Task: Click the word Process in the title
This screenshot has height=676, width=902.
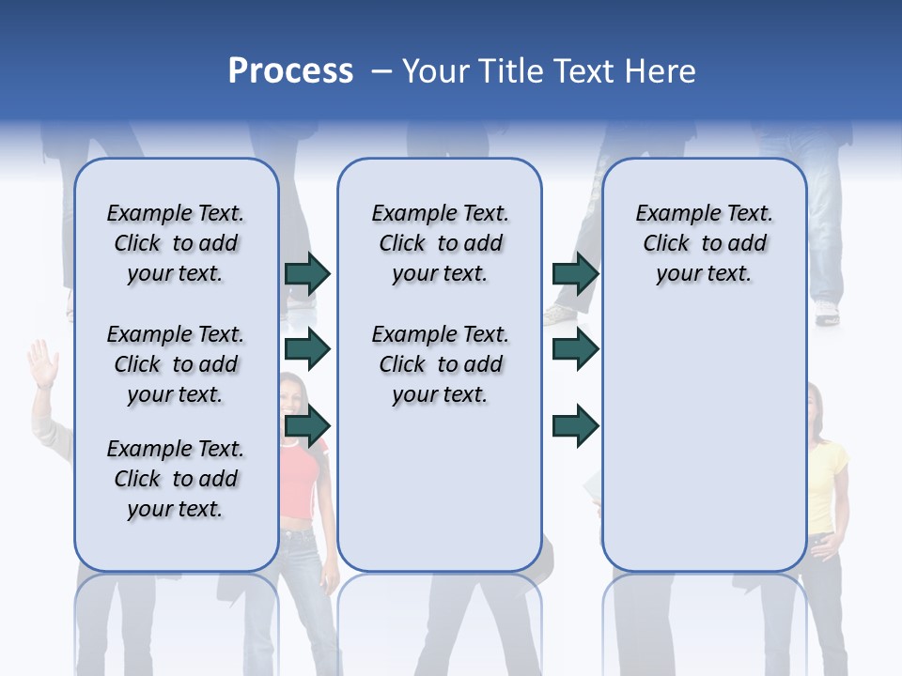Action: [x=290, y=71]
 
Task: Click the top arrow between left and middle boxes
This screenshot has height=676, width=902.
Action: [x=307, y=273]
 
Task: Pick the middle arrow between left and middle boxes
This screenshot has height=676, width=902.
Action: [x=307, y=349]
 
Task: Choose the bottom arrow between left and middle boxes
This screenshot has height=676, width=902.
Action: [x=307, y=426]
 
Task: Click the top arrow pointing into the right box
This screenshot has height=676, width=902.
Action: [x=575, y=273]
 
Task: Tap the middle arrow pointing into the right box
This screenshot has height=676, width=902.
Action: [x=575, y=349]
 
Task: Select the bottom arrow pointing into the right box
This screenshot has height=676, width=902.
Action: [x=575, y=426]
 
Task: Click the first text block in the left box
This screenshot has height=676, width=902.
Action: [x=176, y=243]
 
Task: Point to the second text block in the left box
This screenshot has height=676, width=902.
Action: [x=176, y=364]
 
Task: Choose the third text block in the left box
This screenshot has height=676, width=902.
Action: [x=176, y=479]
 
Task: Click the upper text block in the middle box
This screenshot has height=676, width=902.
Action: [x=441, y=243]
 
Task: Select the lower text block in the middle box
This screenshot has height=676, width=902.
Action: [x=441, y=364]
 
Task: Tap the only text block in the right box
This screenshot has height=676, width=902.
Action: [x=705, y=243]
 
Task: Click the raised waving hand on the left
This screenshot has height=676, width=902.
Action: [x=42, y=363]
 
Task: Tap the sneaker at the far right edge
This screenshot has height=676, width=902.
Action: [x=826, y=314]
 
